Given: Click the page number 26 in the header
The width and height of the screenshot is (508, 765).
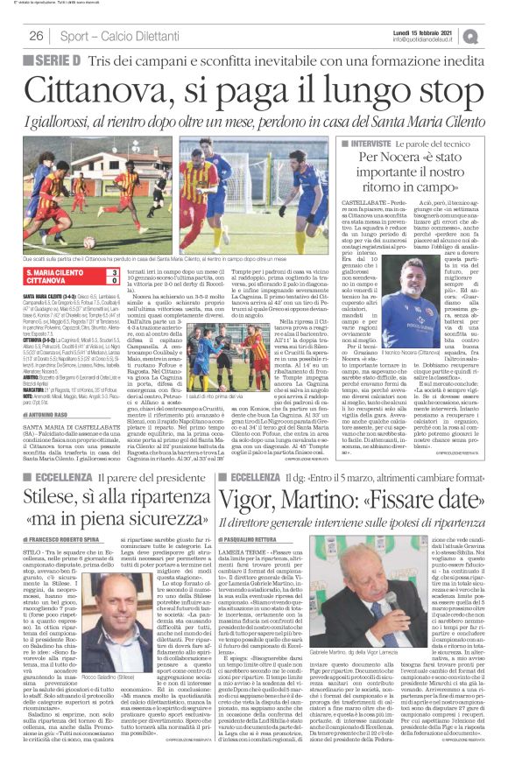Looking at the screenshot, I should click(x=37, y=36).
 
